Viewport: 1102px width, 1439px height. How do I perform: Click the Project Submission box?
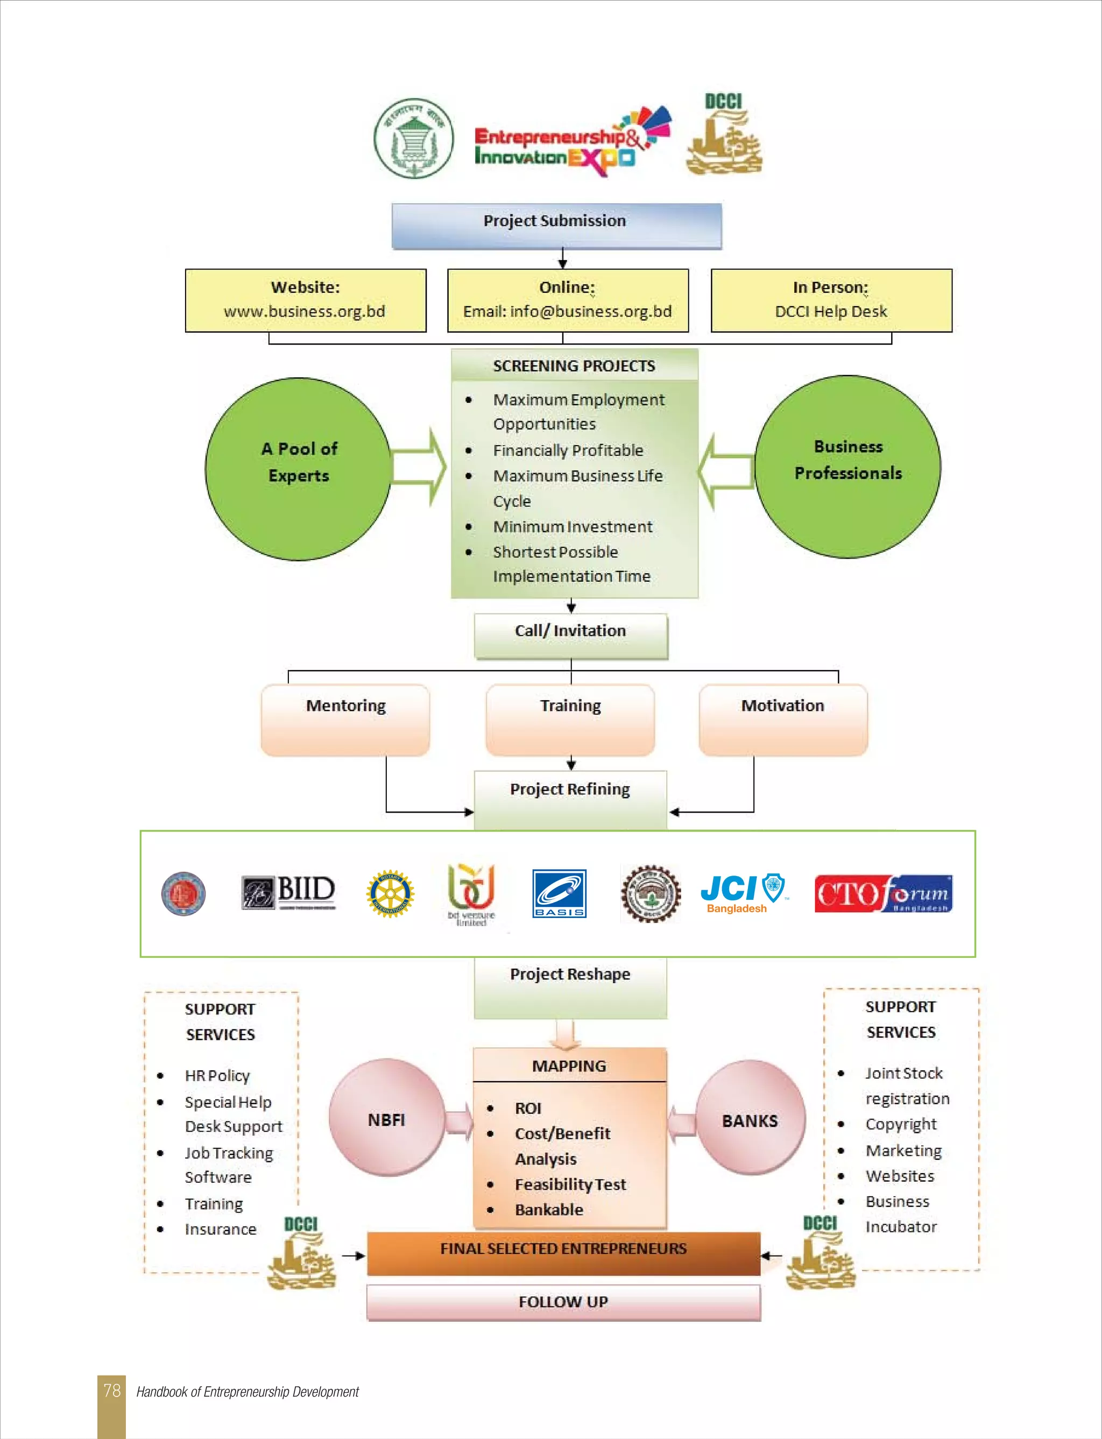click(x=556, y=225)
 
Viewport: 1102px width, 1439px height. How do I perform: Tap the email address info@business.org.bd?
click(x=590, y=312)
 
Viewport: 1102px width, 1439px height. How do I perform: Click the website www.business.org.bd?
click(x=305, y=312)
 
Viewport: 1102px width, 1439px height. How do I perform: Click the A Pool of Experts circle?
click(x=299, y=468)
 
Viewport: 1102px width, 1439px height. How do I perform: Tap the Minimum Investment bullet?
click(x=572, y=527)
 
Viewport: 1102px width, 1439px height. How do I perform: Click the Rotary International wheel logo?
click(x=390, y=893)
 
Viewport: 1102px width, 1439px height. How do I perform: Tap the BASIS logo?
click(x=559, y=893)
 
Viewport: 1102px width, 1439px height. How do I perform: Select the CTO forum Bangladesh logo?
click(x=883, y=893)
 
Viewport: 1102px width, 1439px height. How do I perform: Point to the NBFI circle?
click(x=386, y=1119)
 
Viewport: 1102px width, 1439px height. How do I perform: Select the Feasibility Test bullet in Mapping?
click(x=570, y=1184)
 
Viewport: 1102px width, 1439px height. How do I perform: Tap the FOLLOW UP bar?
click(x=563, y=1302)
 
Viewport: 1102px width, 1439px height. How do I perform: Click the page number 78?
click(x=111, y=1391)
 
